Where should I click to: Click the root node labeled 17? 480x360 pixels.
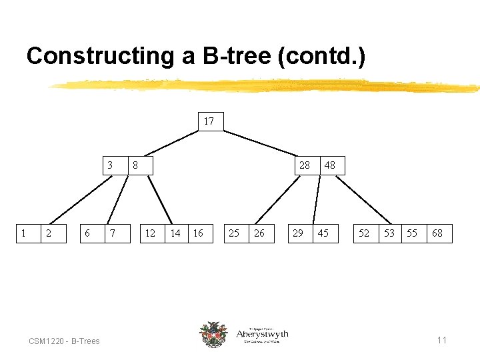click(209, 121)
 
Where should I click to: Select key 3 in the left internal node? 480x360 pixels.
click(111, 165)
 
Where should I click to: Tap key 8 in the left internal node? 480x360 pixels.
click(135, 165)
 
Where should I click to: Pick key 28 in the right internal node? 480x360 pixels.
click(304, 165)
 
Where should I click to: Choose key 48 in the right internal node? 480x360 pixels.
click(329, 165)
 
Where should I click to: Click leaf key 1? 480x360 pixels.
click(24, 233)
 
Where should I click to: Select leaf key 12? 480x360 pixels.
click(151, 233)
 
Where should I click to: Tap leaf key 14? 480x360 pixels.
click(175, 233)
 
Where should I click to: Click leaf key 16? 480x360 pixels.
click(198, 233)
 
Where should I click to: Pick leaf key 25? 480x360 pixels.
click(234, 233)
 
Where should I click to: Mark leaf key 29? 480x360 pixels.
click(298, 233)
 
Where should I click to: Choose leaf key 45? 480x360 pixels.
click(323, 233)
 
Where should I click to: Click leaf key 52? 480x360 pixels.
click(364, 233)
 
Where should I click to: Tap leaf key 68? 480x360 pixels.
click(437, 233)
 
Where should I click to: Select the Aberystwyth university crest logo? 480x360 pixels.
click(213, 334)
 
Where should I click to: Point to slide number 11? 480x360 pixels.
click(441, 341)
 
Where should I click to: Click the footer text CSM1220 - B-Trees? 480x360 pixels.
click(64, 341)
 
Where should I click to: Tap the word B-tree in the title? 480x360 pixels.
click(231, 56)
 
